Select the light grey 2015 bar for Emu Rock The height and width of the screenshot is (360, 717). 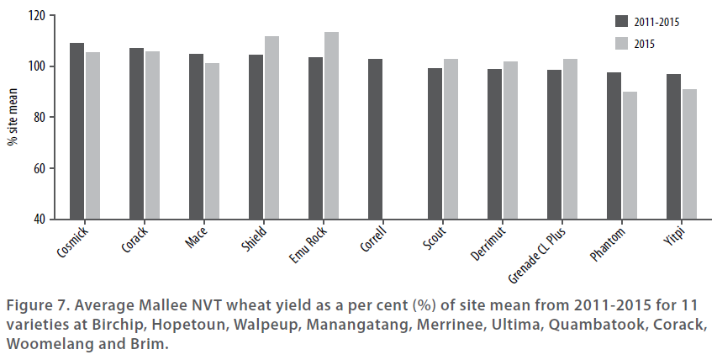click(x=331, y=126)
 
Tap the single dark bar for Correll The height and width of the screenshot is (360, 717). click(x=376, y=139)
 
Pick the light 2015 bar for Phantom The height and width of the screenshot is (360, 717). click(x=630, y=156)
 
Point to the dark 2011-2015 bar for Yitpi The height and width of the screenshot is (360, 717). click(x=673, y=146)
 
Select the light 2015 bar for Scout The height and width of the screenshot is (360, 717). click(x=451, y=139)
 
